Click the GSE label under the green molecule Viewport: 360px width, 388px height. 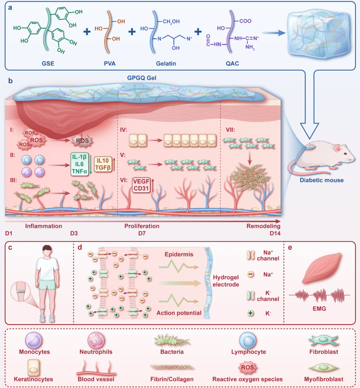48,63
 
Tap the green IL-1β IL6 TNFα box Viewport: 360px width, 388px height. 81,163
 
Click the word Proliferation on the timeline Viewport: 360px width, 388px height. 142,226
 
